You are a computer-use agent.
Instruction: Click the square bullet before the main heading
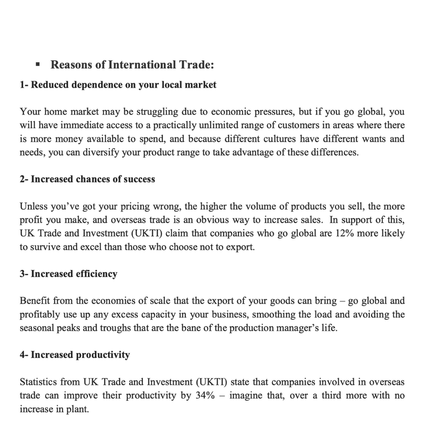click(x=38, y=65)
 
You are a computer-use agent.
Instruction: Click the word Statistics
click(x=38, y=382)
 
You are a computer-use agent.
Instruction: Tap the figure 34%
click(x=205, y=395)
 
